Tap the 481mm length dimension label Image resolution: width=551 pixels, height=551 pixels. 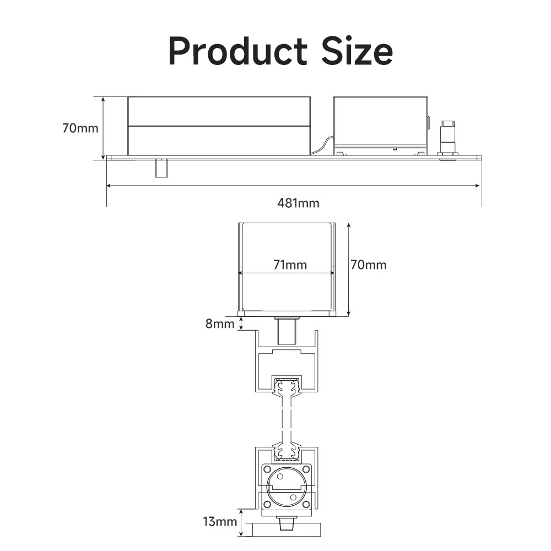(x=298, y=203)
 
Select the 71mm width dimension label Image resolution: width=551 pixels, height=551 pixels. (x=290, y=264)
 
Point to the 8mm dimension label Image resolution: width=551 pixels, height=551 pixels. (x=220, y=323)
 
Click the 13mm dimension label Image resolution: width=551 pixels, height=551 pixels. (x=220, y=521)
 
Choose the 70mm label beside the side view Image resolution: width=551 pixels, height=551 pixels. (x=80, y=128)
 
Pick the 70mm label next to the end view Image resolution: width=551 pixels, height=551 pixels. (x=369, y=264)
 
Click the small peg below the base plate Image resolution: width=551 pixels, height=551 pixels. (x=161, y=168)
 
